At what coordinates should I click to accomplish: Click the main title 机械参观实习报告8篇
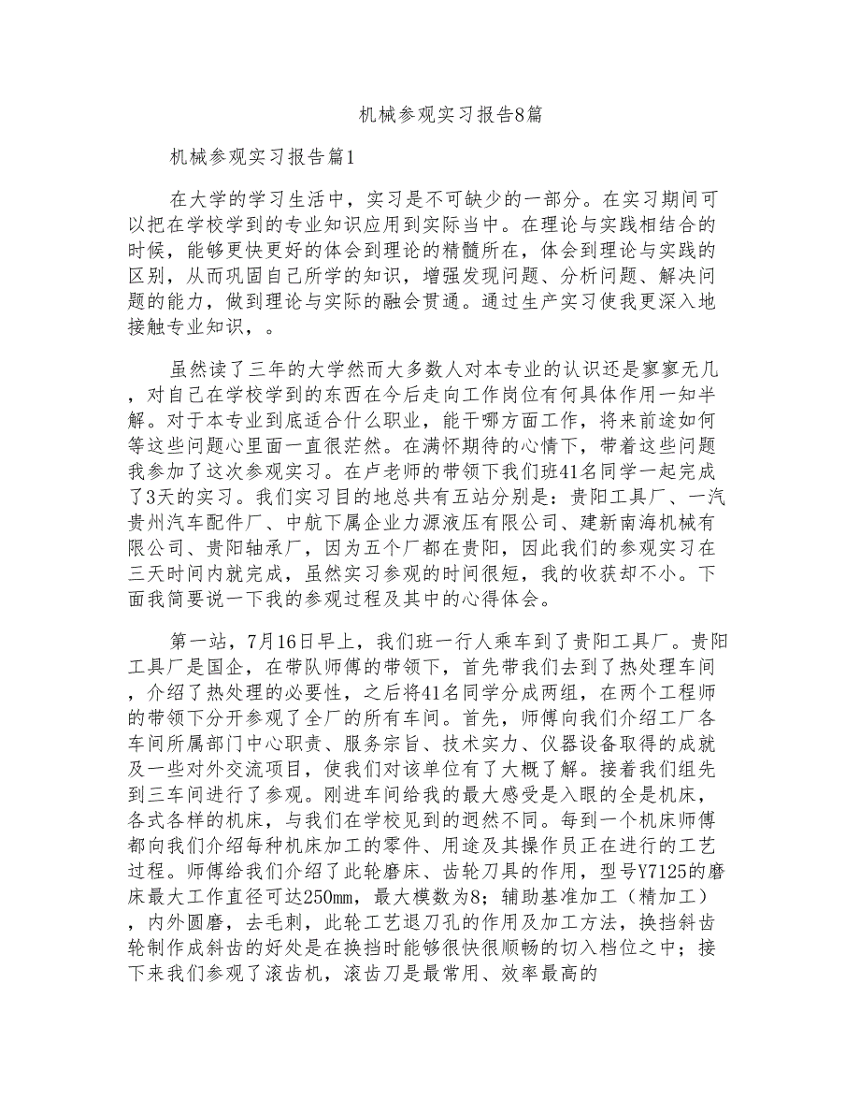(450, 115)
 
